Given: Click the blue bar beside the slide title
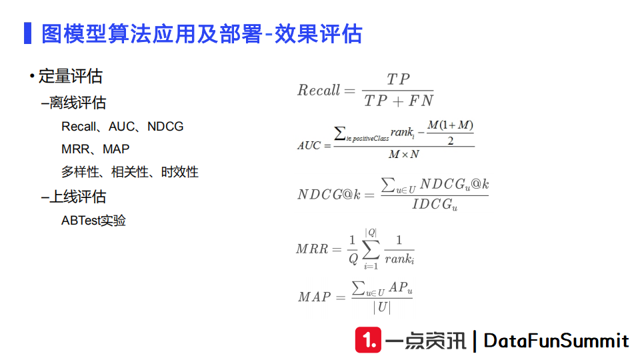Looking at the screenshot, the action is coord(27,33).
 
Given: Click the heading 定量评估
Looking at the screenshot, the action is coord(70,77).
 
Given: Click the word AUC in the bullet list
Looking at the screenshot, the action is coord(122,127).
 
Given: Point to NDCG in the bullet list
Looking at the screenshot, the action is coord(165,127).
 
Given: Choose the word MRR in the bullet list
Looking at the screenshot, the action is coord(75,149).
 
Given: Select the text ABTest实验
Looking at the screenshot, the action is coord(93,221).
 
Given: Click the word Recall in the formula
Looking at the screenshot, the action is coord(319,91).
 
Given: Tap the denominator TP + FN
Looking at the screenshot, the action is coord(399,101).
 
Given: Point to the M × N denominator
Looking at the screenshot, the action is coord(404,155).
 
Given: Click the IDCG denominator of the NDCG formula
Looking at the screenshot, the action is coord(434,205).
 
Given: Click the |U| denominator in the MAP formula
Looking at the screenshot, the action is coord(382,307).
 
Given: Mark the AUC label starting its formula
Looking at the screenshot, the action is coord(309,145).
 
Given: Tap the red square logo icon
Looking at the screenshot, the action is coord(368,341).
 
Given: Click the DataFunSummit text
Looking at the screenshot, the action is coord(556,341).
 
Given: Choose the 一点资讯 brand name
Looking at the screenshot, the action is coord(426,341).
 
